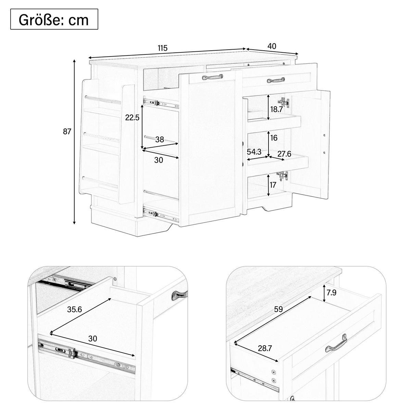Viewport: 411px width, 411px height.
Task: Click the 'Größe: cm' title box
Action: [54, 19]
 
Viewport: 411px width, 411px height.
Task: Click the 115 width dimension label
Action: [163, 48]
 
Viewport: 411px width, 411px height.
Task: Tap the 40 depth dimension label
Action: [272, 46]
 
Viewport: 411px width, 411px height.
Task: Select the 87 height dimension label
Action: [67, 132]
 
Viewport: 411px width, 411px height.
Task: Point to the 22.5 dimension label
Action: [132, 117]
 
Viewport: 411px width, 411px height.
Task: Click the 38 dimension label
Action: [160, 139]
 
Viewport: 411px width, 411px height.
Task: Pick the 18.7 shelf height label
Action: [276, 109]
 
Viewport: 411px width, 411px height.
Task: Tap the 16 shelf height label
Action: [274, 138]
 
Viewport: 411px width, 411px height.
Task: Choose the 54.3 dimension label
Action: [254, 152]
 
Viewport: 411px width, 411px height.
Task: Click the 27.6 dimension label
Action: [284, 154]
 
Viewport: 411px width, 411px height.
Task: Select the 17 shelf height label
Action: [273, 185]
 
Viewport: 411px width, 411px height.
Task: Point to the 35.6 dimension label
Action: [74, 309]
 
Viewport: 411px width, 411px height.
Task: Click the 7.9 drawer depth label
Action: [331, 292]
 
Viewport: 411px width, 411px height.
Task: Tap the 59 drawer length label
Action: [278, 309]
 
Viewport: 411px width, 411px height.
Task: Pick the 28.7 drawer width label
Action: [265, 348]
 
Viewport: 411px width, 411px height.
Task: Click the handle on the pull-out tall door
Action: [212, 77]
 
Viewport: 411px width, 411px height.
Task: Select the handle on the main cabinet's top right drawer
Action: [276, 80]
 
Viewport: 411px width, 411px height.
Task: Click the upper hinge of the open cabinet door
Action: [284, 103]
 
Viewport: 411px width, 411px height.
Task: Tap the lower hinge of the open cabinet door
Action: [282, 176]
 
